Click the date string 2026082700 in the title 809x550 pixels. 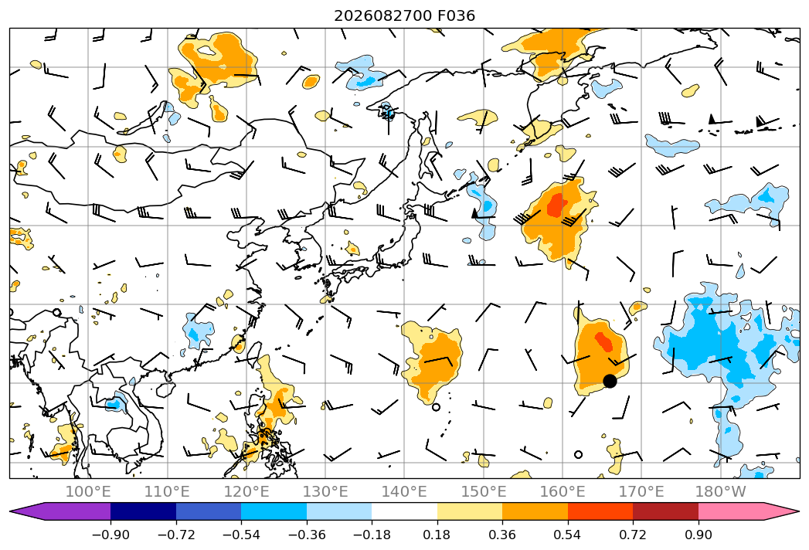click(383, 16)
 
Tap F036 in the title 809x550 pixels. click(457, 16)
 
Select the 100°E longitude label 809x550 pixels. click(88, 491)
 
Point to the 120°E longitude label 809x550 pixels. click(246, 491)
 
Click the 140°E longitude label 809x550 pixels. click(404, 491)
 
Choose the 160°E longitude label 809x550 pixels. click(563, 491)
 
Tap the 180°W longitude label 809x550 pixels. click(721, 491)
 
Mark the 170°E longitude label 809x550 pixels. click(641, 491)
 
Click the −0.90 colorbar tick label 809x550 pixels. click(110, 535)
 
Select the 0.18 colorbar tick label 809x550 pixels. click(437, 535)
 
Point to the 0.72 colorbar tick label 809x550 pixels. click(633, 535)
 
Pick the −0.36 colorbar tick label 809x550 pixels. click(307, 535)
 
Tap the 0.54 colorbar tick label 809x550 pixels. click(568, 535)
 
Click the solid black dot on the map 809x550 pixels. click(610, 382)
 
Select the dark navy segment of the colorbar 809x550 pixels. click(143, 511)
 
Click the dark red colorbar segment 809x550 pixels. click(665, 511)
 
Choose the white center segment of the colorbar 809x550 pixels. click(405, 511)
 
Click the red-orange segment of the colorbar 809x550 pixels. click(600, 511)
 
